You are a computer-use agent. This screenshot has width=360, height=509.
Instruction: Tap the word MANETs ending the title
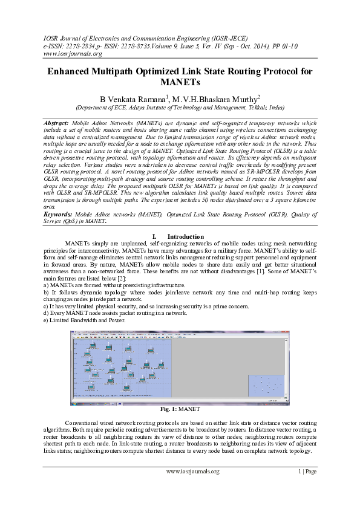(x=180, y=82)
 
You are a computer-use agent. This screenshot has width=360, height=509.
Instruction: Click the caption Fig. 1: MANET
(x=180, y=409)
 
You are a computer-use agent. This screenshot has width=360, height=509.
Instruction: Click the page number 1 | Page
(x=307, y=471)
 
